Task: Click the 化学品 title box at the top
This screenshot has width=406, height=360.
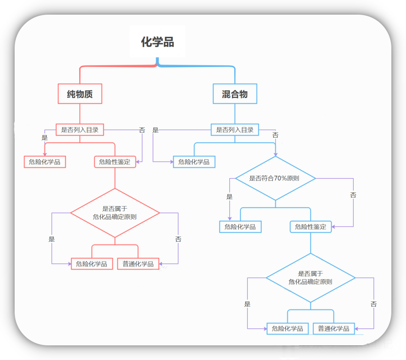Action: (158, 42)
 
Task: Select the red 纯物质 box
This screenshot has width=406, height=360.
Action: (80, 94)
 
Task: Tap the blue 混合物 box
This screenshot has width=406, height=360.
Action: (235, 94)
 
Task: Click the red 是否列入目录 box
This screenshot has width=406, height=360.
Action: (80, 130)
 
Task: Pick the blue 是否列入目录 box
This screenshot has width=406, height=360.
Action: (235, 130)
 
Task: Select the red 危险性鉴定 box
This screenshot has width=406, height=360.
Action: (115, 162)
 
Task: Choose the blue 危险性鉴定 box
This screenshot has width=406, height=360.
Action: (311, 227)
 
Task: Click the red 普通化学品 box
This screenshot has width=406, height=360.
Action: (138, 264)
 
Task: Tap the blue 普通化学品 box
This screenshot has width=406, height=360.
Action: (333, 328)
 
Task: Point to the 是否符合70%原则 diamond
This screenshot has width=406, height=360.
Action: (275, 178)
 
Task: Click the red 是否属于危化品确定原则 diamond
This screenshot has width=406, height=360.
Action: (115, 213)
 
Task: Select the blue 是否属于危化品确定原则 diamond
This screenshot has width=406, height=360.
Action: (311, 278)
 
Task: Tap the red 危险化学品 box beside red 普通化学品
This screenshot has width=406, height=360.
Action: (91, 264)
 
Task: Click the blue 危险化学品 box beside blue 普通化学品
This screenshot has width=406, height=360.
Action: (287, 328)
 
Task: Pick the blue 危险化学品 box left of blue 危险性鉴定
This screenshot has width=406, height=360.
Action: (240, 227)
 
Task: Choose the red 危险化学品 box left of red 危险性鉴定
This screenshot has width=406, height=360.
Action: (44, 162)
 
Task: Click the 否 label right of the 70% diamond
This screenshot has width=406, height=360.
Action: (353, 195)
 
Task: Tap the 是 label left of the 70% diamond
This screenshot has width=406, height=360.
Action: (229, 197)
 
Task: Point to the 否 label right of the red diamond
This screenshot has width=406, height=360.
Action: (178, 239)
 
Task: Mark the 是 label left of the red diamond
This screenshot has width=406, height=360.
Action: (52, 239)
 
